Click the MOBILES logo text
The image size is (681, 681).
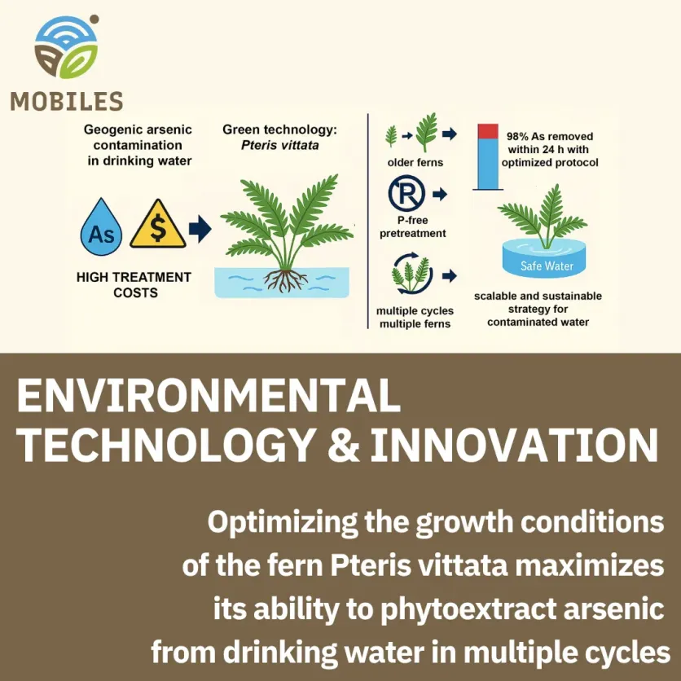[x=66, y=101]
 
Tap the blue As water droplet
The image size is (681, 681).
[x=102, y=226]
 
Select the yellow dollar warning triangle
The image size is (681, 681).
[x=156, y=225]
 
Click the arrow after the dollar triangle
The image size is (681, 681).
[x=200, y=229]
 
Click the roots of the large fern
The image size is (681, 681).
[x=286, y=280]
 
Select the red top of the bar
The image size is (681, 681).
[x=488, y=130]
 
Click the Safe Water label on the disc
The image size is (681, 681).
[x=547, y=266]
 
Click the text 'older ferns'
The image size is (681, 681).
[x=415, y=162]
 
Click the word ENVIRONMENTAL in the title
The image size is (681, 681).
[x=209, y=398]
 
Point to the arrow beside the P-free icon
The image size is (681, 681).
[x=440, y=196]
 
